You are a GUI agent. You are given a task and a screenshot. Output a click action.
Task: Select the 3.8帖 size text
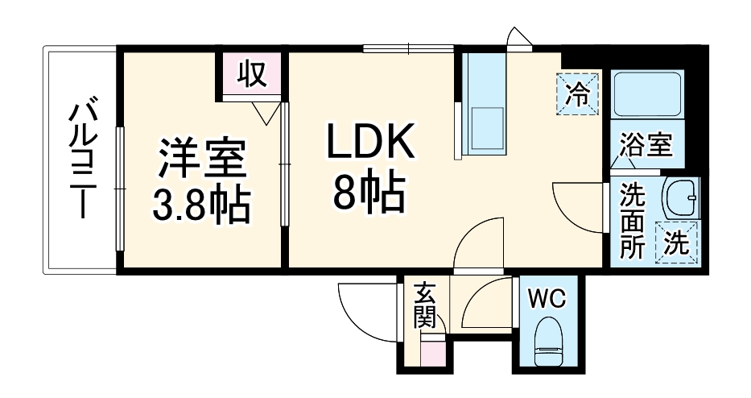coord(201,205)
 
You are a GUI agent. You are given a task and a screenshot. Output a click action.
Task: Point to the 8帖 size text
coord(369,193)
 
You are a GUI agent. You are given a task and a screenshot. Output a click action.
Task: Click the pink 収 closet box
coord(251,74)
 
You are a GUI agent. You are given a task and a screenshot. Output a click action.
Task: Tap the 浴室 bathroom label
coord(646,147)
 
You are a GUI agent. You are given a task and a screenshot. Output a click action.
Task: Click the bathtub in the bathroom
coord(647,95)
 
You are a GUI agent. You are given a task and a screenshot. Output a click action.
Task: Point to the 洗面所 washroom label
coord(633,221)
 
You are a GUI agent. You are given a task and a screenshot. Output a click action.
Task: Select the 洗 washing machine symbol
coord(679,243)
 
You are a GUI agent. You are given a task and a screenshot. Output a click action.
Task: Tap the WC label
coord(547,299)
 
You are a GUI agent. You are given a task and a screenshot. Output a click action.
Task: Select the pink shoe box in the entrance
coord(431,353)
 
